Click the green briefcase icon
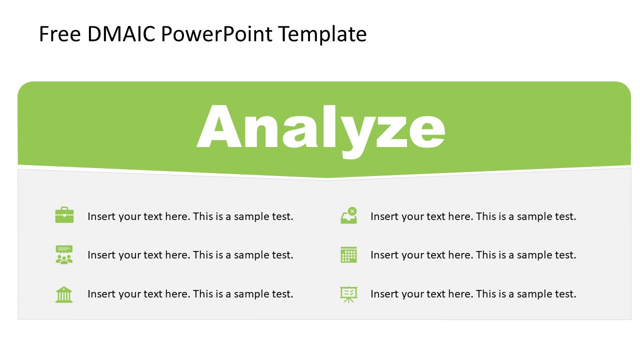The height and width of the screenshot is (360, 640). (x=64, y=215)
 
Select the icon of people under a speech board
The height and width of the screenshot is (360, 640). (x=64, y=254)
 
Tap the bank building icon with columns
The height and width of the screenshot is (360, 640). (x=64, y=294)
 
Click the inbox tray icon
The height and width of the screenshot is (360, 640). (x=348, y=216)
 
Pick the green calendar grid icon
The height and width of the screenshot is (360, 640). (x=348, y=254)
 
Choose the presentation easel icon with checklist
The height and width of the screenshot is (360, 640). (x=348, y=294)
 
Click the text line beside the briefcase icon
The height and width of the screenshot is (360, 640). (x=190, y=216)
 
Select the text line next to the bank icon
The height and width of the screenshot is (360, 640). (x=190, y=294)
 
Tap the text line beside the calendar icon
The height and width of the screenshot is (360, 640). (x=473, y=255)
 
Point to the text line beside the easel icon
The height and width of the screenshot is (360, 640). (x=473, y=294)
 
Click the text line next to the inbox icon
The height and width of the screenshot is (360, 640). (x=473, y=216)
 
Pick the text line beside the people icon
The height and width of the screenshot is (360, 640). (x=190, y=255)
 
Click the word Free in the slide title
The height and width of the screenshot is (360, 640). (x=59, y=34)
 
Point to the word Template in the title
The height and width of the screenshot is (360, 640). (x=322, y=34)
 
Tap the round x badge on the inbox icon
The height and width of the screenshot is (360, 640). (x=352, y=211)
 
